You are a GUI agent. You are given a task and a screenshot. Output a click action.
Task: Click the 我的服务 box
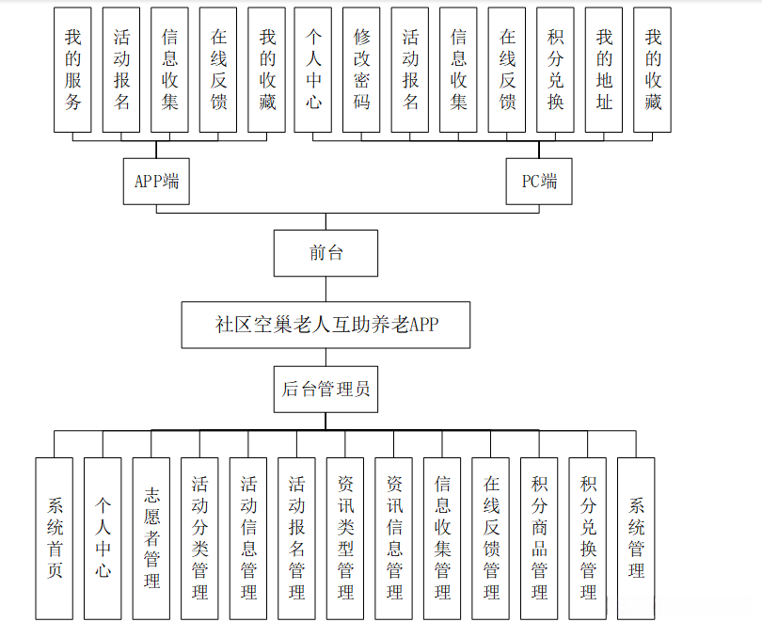point(73,70)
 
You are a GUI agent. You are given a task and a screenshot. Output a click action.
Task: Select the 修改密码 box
point(362,70)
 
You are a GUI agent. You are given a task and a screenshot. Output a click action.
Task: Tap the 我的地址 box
point(604,70)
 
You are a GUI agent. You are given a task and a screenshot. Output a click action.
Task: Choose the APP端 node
point(156,181)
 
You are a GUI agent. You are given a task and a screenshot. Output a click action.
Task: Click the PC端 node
point(539,181)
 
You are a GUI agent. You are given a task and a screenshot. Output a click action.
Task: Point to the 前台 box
point(325,253)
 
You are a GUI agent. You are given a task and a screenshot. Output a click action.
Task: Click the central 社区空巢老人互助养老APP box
point(325,325)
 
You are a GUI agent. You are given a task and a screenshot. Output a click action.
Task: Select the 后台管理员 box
point(325,389)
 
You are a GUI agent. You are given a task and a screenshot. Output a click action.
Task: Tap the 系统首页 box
point(55,538)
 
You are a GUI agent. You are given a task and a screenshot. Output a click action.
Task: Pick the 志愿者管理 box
point(151,538)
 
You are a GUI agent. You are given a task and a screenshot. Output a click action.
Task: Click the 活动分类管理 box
point(199,538)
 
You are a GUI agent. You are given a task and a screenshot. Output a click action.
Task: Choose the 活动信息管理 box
point(248,538)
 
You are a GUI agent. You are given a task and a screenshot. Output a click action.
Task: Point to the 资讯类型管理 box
point(345,538)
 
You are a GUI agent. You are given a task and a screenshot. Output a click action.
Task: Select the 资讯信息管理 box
point(393,538)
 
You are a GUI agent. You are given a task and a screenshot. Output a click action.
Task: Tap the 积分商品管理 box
point(539,538)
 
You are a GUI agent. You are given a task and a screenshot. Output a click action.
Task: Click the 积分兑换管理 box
point(588,538)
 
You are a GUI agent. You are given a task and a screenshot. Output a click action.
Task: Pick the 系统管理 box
point(636,538)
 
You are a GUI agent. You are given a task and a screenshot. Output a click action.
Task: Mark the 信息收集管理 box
point(442,538)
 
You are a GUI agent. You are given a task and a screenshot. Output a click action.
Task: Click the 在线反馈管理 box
point(490,538)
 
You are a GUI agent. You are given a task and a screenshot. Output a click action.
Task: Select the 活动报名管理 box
point(296,538)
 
